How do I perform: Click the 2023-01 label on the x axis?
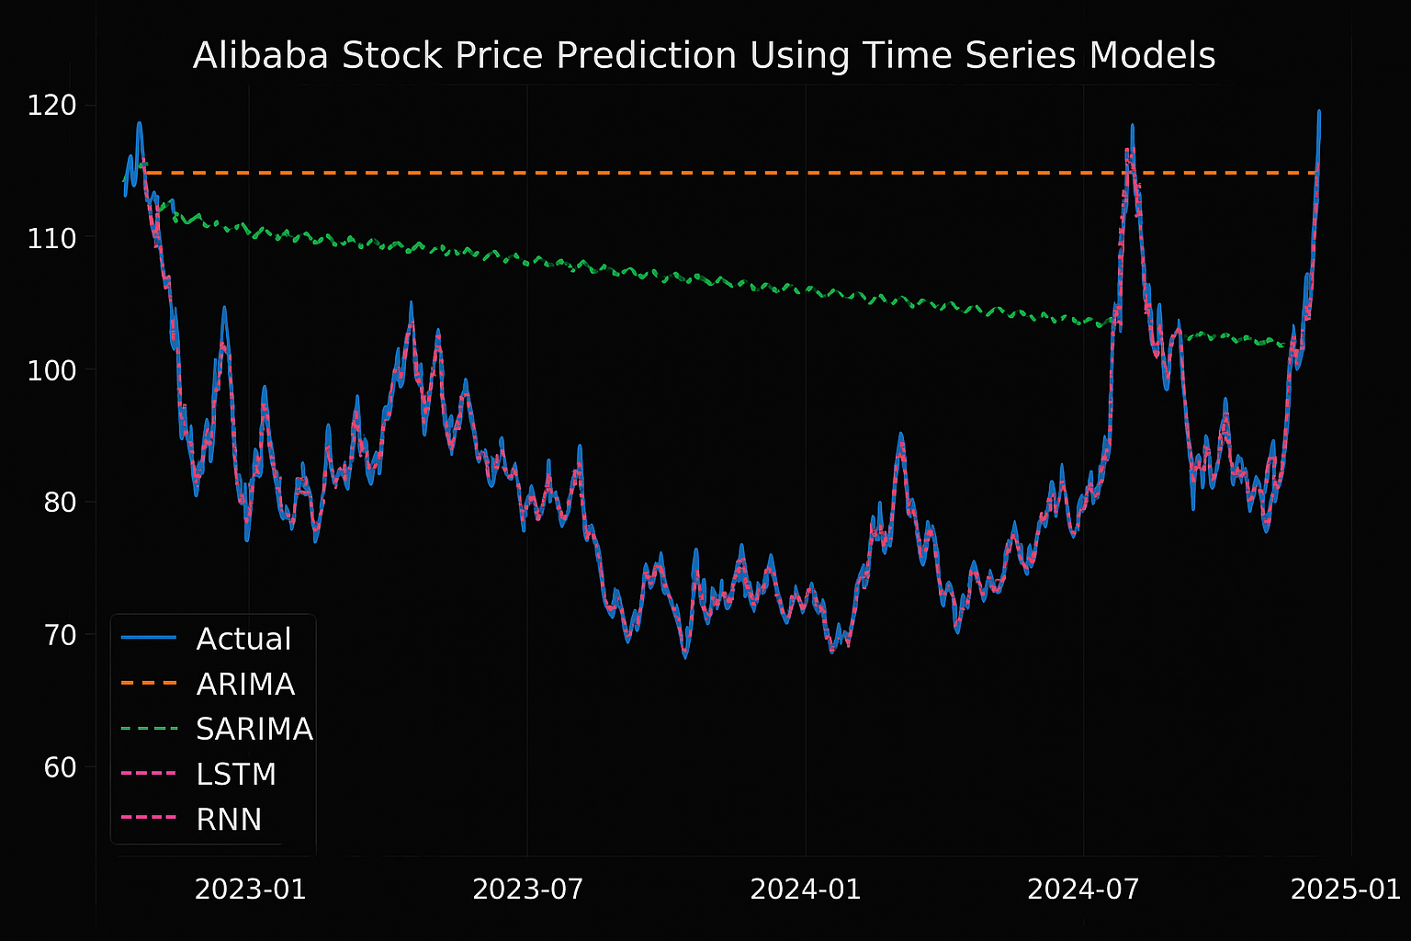coord(250,890)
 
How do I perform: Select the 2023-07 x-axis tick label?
coord(528,890)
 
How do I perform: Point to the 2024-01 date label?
coord(806,890)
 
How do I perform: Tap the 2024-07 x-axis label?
coord(1083,890)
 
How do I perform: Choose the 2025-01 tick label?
coord(1346,890)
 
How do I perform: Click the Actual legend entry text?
coord(243,639)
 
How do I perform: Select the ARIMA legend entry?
coord(245,684)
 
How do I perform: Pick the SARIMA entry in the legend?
coord(254,729)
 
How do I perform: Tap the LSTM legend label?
coord(236,774)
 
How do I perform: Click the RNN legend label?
coord(229,819)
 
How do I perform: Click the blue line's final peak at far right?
coord(1319,111)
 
